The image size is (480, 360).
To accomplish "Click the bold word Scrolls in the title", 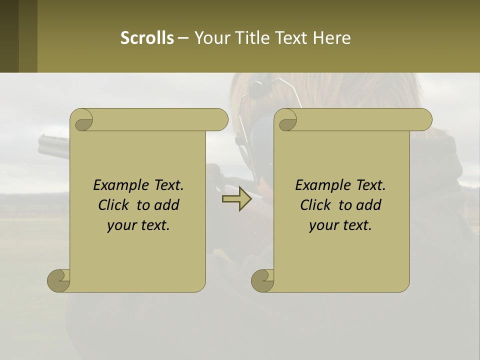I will point(147,37).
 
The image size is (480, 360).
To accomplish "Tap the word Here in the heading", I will point(331,37).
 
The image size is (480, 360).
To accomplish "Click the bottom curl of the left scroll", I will point(58,280).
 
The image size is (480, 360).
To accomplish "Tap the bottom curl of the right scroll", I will point(262,280).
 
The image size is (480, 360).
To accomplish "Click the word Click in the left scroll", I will point(115,205).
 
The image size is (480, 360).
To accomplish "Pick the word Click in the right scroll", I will point(317,205).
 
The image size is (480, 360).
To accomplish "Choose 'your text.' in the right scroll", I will point(340,225).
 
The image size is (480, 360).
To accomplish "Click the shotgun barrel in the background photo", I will point(52,145).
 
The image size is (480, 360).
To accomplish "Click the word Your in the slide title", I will point(211,37).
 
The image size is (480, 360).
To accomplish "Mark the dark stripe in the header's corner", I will point(9,36).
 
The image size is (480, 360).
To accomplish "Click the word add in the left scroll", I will point(167,205).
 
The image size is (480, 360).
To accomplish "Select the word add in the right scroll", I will point(369,205).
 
